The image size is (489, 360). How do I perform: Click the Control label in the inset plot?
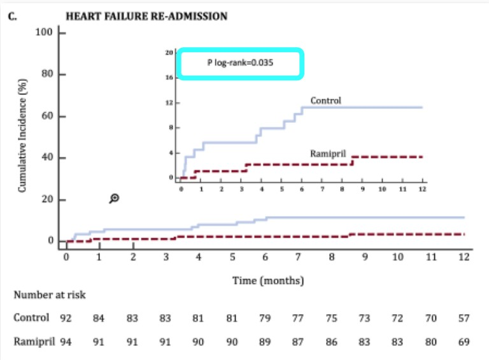325,101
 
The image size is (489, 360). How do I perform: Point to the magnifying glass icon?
115,199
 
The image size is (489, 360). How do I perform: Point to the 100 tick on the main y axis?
44,32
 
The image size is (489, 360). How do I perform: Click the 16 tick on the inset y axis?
169,78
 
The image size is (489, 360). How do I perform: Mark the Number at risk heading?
50,295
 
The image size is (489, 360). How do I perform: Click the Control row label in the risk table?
31,317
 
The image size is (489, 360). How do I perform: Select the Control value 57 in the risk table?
464,317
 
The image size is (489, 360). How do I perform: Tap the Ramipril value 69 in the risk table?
464,342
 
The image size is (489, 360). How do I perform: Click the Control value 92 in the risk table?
66,317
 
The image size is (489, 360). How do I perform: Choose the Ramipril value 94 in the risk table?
66,342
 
